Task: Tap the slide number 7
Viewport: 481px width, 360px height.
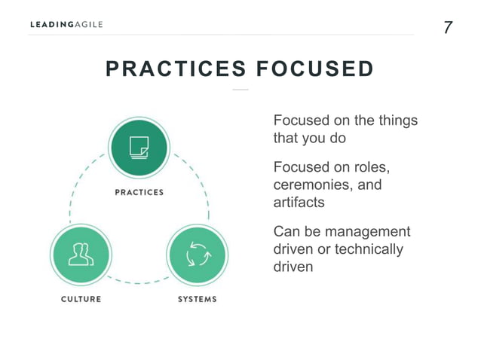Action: [448, 28]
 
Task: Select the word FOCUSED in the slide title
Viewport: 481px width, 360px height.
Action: [315, 69]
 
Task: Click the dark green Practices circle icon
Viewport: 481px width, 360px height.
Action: [139, 147]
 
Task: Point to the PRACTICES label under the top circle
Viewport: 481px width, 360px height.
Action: [139, 192]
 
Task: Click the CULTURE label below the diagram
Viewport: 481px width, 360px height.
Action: [81, 299]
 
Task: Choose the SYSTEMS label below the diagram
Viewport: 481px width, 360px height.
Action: [197, 299]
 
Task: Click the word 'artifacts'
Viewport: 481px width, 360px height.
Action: [298, 203]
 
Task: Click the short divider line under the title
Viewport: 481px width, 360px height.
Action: [240, 90]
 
